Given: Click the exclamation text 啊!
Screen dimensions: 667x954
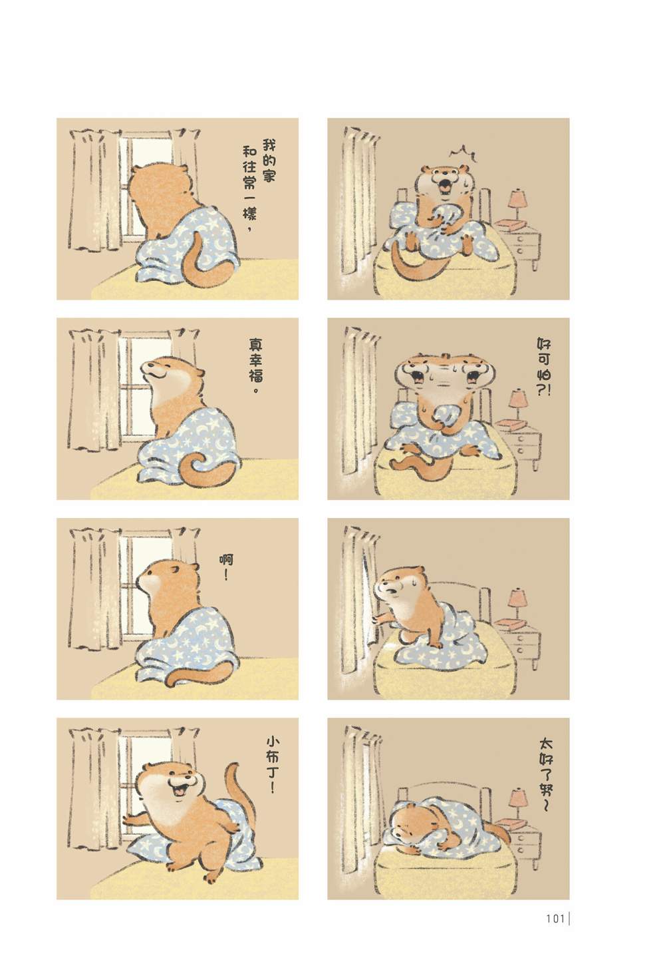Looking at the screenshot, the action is click(226, 568).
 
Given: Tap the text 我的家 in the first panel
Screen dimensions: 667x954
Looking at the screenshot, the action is click(268, 160).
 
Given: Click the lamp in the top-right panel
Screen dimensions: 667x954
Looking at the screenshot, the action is click(517, 205).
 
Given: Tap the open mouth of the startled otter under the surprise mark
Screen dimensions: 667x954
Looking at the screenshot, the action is click(444, 186).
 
